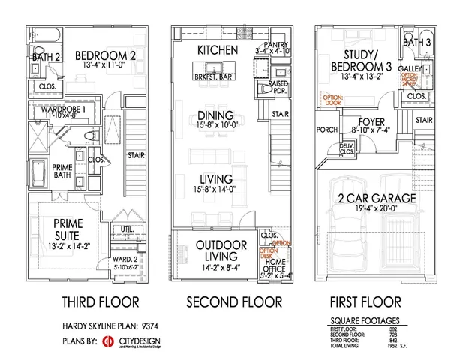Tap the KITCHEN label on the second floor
(x=218, y=49)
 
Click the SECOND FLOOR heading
(x=234, y=301)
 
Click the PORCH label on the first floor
(x=327, y=128)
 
